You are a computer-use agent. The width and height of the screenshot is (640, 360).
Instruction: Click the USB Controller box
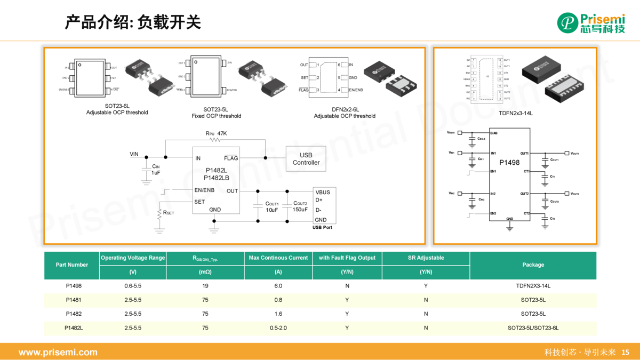point(306,159)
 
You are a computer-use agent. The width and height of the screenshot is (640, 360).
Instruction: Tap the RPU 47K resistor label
point(216,133)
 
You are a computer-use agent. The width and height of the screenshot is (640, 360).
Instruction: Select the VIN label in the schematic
point(134,154)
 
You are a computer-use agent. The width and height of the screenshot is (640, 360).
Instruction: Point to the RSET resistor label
point(169,212)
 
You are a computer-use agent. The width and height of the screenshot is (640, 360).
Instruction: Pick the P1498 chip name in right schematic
point(509,162)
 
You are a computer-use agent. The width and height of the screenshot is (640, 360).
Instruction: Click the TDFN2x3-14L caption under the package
point(515,113)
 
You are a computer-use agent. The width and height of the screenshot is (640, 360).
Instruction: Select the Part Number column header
point(71,265)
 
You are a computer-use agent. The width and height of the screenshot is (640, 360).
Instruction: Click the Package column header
point(533,265)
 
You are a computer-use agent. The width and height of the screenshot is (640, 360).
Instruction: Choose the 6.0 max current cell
point(278,286)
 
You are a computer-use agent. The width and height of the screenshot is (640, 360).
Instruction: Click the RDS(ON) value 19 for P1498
point(205,286)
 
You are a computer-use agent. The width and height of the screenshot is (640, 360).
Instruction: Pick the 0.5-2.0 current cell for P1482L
point(278,328)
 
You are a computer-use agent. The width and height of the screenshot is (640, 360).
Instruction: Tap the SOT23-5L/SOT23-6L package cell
point(533,328)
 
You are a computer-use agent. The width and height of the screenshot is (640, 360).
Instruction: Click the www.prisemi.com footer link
point(58,352)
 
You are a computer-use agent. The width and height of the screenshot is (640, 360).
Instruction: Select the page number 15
point(626,352)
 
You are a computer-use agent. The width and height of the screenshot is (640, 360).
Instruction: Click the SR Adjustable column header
point(426,258)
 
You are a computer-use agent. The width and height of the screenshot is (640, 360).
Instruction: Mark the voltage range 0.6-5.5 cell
point(133,286)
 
